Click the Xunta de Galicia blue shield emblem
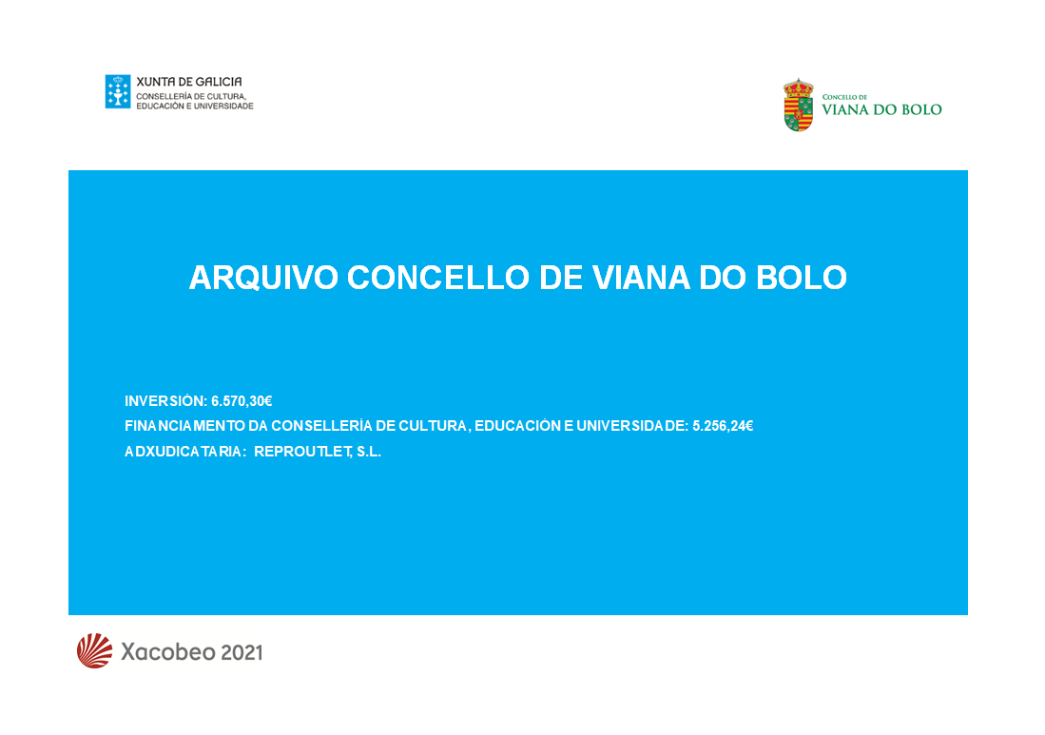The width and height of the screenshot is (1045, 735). click(118, 91)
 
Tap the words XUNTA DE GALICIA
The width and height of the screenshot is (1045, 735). click(189, 82)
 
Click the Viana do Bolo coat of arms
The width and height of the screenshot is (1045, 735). click(799, 106)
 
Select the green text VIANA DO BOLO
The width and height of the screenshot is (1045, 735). click(881, 110)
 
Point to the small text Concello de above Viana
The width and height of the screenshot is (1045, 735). click(844, 97)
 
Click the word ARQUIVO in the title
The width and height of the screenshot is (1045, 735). click(264, 278)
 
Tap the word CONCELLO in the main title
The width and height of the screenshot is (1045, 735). click(438, 278)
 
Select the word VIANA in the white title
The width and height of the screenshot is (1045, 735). click(641, 278)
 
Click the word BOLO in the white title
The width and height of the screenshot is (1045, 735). click(802, 278)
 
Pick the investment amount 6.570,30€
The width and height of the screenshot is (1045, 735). click(242, 401)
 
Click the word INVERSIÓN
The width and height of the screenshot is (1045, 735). click(166, 401)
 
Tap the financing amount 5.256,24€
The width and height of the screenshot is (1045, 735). click(723, 426)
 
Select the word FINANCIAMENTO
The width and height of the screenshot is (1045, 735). click(184, 426)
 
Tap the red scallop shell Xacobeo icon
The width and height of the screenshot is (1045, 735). click(95, 651)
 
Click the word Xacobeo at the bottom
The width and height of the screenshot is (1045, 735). click(168, 651)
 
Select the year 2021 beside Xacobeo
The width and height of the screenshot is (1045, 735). click(242, 652)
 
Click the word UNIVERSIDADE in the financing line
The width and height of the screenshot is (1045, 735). click(631, 426)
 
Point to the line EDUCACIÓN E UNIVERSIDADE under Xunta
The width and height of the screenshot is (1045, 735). click(195, 106)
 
